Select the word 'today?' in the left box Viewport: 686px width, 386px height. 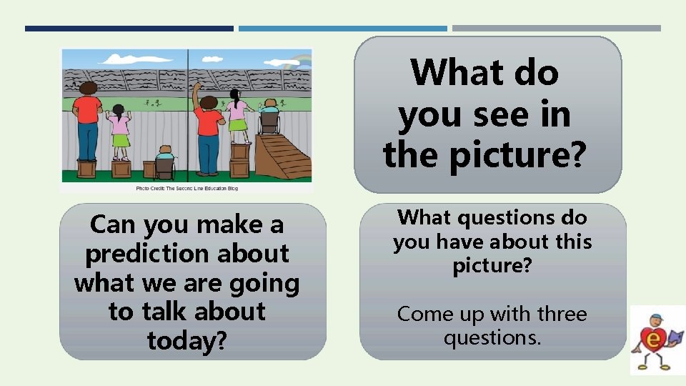[x=187, y=340]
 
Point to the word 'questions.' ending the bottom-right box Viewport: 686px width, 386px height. [x=492, y=337]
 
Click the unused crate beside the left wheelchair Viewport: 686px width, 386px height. [x=149, y=169]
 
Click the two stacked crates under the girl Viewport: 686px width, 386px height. [x=240, y=159]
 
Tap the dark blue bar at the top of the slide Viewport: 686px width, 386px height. [x=129, y=29]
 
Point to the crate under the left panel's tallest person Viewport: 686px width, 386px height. [x=87, y=169]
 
